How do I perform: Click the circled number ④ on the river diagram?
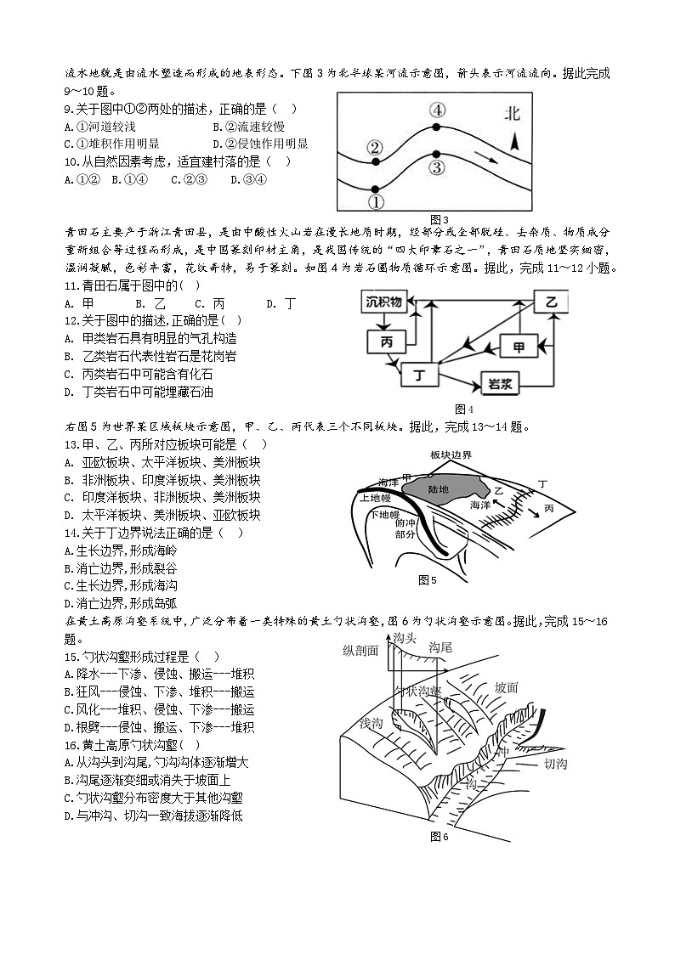point(436,110)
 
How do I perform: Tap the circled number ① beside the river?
point(376,202)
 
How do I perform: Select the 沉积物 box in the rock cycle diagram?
point(387,302)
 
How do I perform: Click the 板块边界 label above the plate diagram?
point(451,455)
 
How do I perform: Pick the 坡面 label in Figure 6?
point(507,687)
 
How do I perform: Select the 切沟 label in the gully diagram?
point(557,764)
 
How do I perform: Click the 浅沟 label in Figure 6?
point(372,723)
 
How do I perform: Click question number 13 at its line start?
point(71,444)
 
